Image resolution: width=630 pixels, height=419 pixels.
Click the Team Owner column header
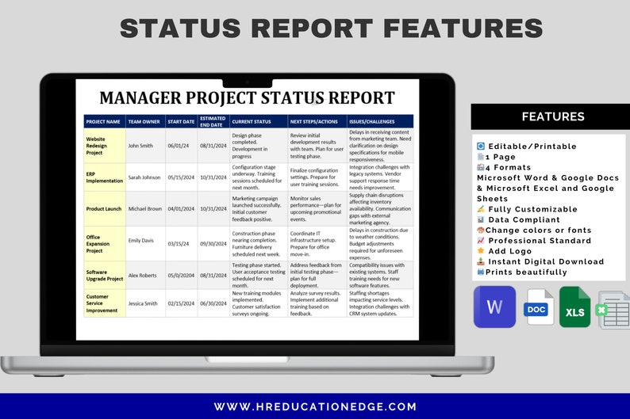click(144, 122)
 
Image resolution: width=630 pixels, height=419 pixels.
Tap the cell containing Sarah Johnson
click(144, 177)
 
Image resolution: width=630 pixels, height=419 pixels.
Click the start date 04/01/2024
click(181, 208)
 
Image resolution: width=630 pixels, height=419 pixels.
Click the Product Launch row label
click(104, 208)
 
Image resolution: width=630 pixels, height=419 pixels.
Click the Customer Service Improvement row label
click(102, 303)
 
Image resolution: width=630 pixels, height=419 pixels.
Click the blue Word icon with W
click(494, 307)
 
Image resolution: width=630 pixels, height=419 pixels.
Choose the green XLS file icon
click(574, 308)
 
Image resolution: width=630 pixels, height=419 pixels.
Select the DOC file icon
click(538, 308)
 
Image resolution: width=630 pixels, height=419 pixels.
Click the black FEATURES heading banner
click(553, 116)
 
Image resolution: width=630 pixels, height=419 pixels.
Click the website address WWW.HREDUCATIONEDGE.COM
click(315, 406)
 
